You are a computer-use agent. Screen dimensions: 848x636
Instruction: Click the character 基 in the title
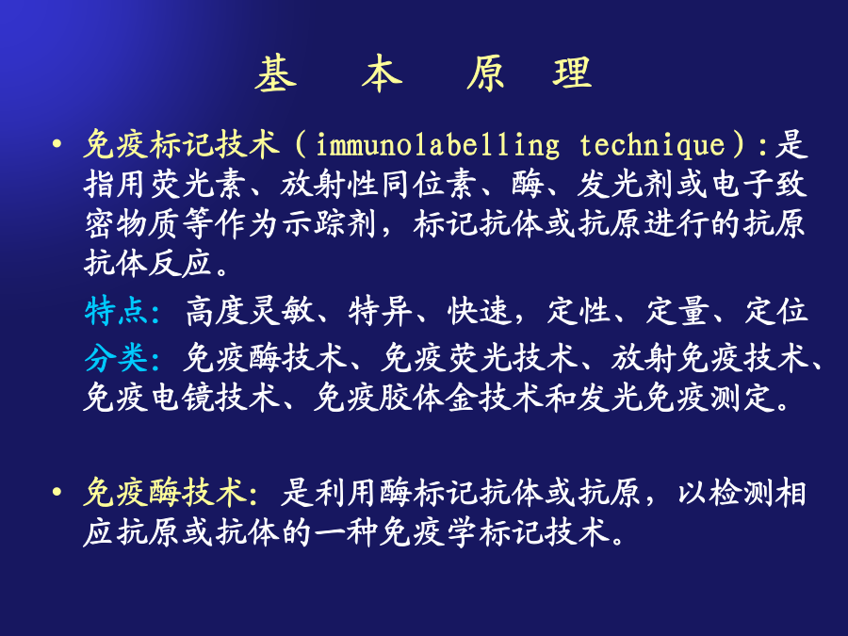pyautogui.click(x=276, y=73)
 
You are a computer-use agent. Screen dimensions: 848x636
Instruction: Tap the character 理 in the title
pyautogui.click(x=572, y=73)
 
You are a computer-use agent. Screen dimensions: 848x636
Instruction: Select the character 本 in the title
pyautogui.click(x=382, y=73)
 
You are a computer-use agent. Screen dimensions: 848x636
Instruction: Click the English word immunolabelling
pyautogui.click(x=437, y=146)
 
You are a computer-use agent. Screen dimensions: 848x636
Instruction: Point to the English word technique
pyautogui.click(x=652, y=146)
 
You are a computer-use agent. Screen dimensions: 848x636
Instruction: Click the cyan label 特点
pyautogui.click(x=116, y=312)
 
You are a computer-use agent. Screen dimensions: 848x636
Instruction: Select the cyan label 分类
pyautogui.click(x=116, y=358)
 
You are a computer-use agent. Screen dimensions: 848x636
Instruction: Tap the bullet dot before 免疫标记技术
pyautogui.click(x=57, y=144)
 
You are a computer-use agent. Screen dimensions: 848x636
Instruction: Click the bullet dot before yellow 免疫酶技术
pyautogui.click(x=57, y=492)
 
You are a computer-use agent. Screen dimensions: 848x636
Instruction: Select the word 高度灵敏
pyautogui.click(x=250, y=312)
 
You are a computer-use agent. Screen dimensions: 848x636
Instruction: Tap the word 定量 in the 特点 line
pyautogui.click(x=677, y=312)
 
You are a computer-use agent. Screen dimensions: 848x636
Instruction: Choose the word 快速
pyautogui.click(x=480, y=312)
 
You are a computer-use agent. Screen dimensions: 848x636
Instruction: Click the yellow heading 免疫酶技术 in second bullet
pyautogui.click(x=164, y=493)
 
